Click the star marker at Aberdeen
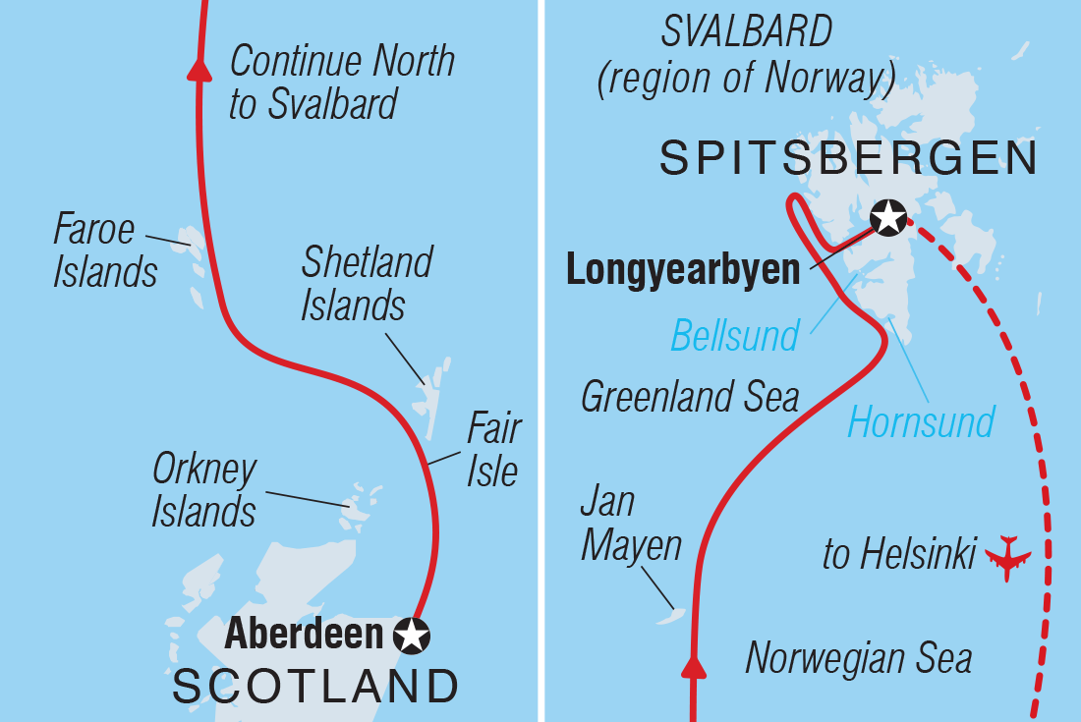(x=412, y=636)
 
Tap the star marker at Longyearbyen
(x=889, y=217)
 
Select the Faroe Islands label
(x=104, y=251)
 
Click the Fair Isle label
(x=492, y=451)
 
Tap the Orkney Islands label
(x=203, y=491)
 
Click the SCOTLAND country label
(x=315, y=687)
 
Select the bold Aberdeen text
(x=303, y=635)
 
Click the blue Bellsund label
(x=735, y=336)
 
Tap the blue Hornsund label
(x=921, y=423)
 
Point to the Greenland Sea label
(x=690, y=397)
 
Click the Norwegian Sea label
(x=859, y=658)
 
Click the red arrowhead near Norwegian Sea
(x=694, y=668)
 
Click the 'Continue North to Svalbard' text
(x=342, y=83)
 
